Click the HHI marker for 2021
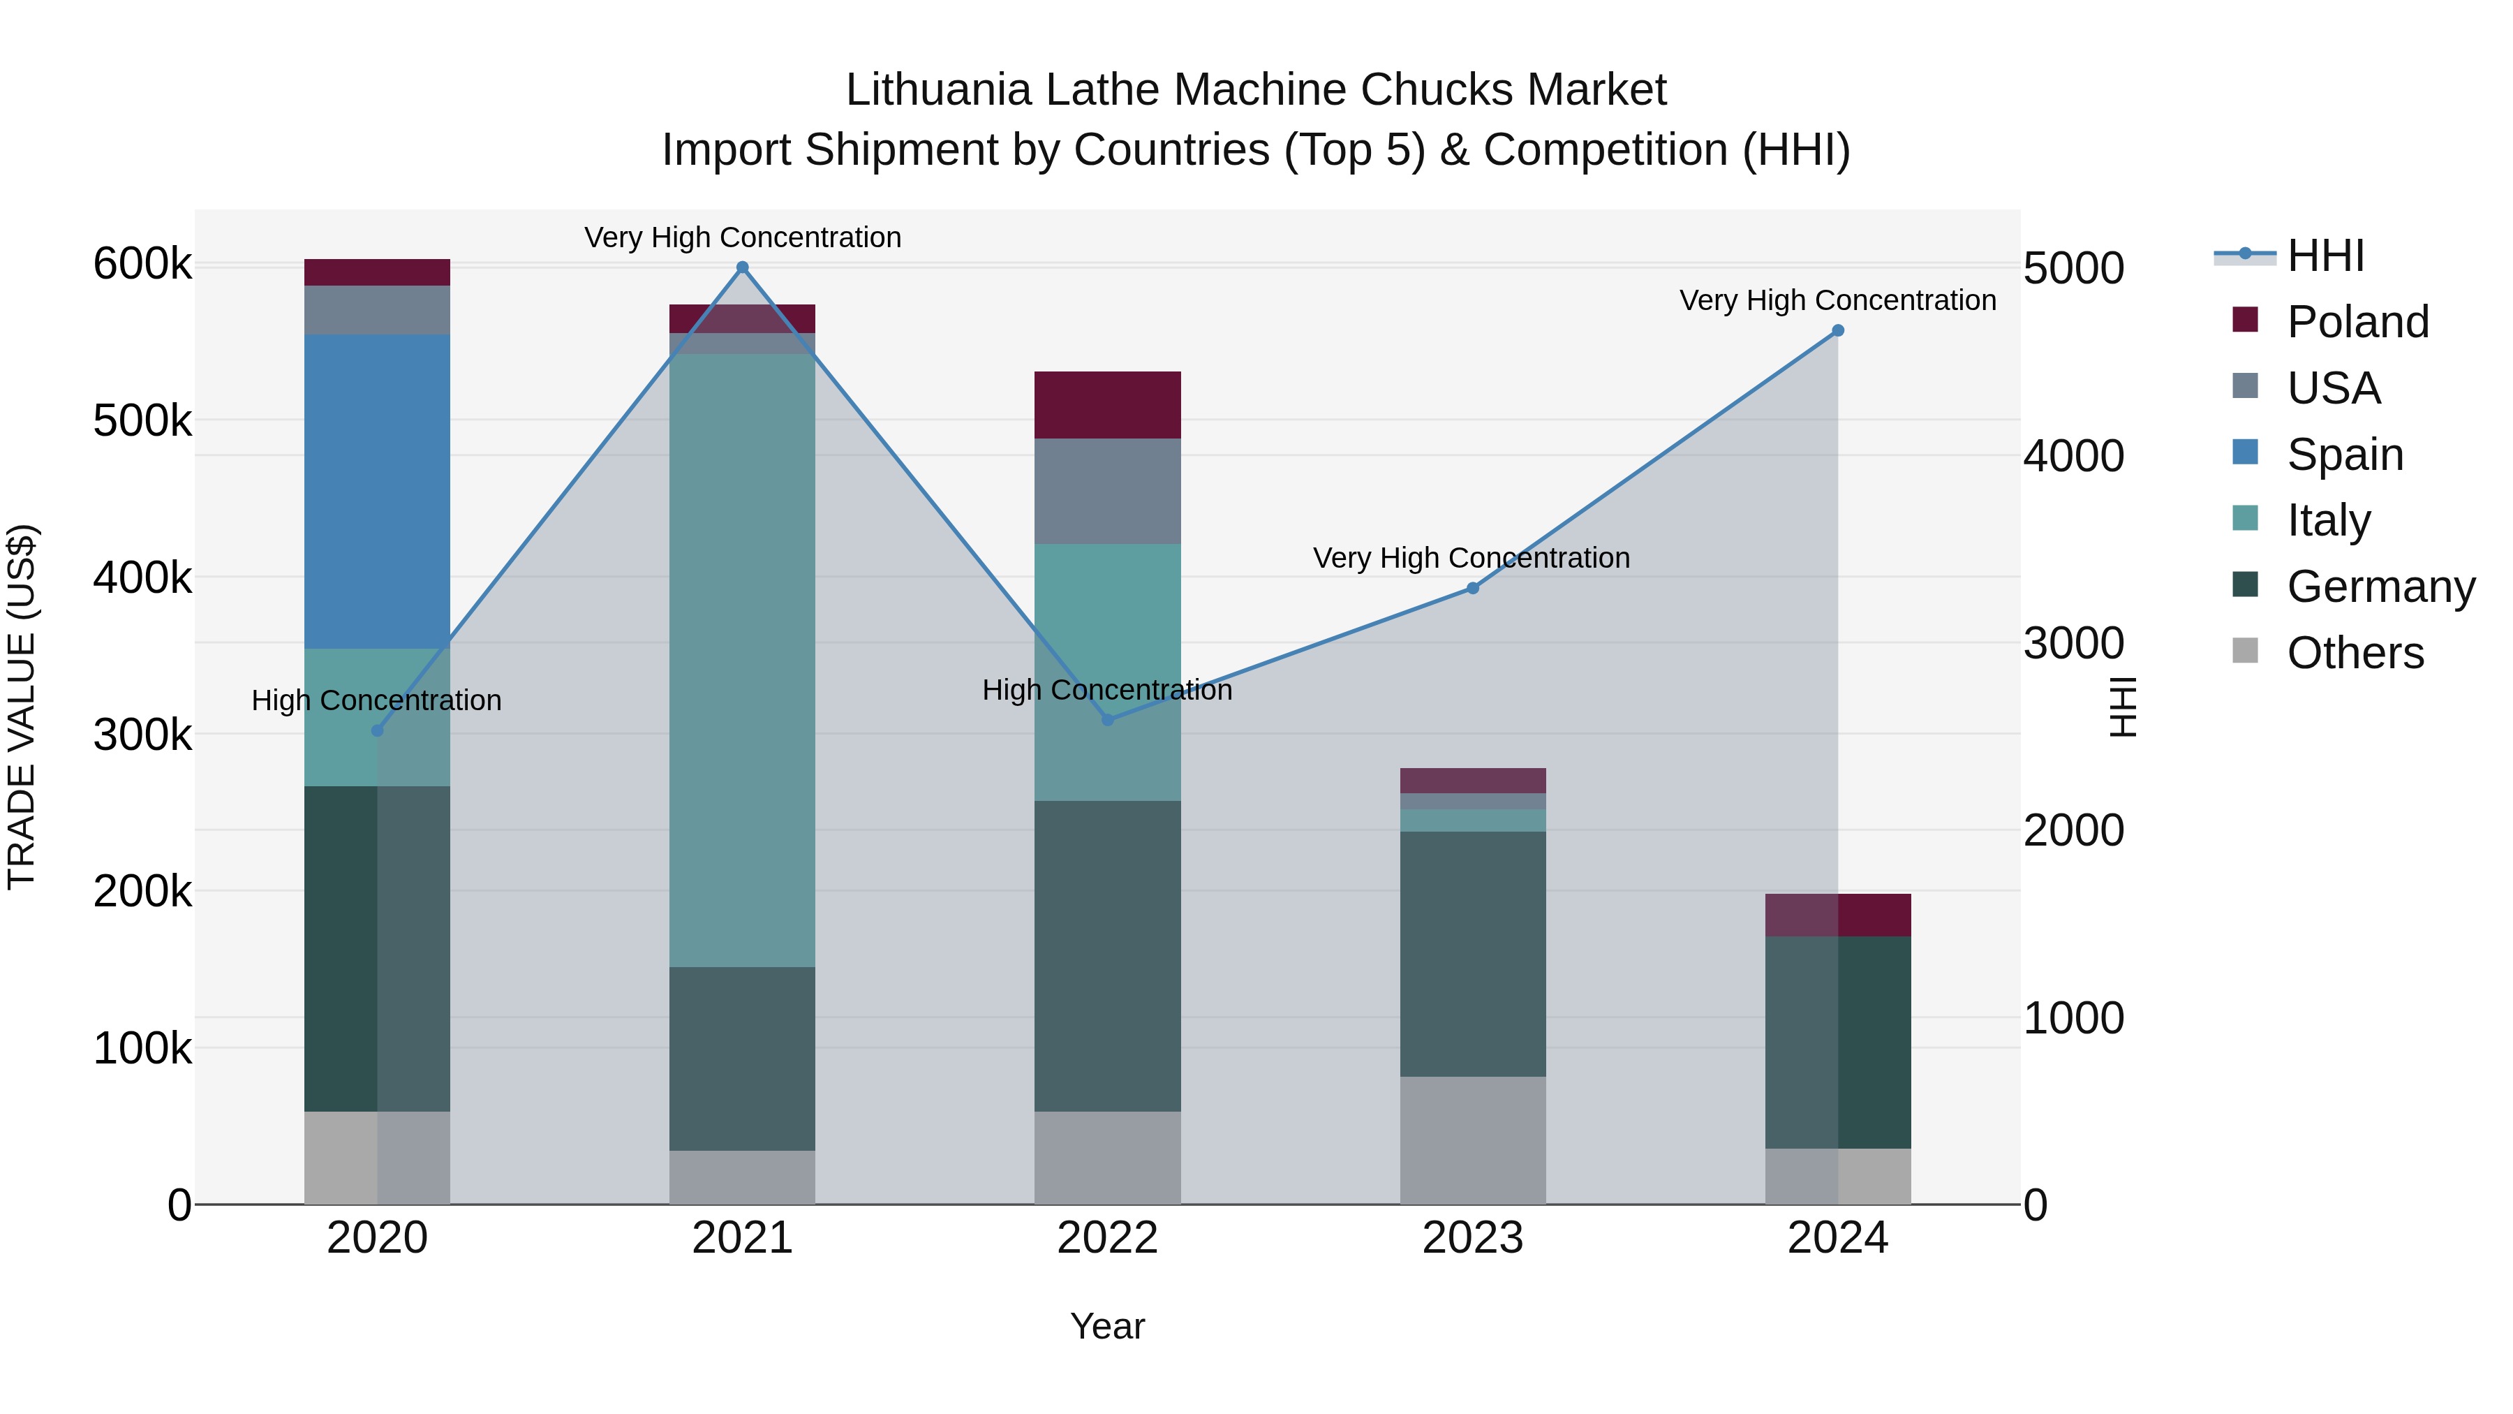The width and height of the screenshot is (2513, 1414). click(743, 267)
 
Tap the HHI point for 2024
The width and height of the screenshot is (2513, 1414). click(1838, 331)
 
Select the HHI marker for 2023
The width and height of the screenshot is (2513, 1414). click(1473, 589)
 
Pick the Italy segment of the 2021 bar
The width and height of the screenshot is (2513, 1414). click(743, 660)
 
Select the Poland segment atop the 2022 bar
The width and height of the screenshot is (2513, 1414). click(1107, 405)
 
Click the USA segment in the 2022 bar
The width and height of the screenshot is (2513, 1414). click(1107, 491)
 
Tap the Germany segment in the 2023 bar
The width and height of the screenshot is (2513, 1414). click(1473, 953)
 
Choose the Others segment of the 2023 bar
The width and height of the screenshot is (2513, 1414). click(1473, 1140)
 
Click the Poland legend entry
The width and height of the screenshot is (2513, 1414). click(2357, 322)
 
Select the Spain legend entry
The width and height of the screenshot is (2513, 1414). click(2344, 455)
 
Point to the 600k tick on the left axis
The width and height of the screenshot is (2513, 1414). click(142, 265)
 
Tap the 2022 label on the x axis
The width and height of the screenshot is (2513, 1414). click(1107, 1238)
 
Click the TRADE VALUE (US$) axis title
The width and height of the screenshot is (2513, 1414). click(22, 707)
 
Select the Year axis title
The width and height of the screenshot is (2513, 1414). click(1107, 1326)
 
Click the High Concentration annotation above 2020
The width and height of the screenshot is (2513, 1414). click(376, 700)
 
